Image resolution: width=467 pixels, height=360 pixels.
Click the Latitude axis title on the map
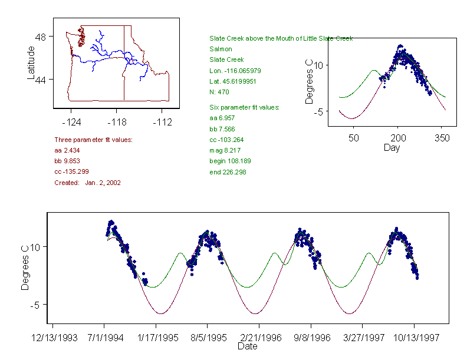32,63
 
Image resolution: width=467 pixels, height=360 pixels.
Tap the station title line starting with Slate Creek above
281,38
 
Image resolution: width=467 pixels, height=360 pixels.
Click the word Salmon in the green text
221,49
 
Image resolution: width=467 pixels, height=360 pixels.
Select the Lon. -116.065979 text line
235,71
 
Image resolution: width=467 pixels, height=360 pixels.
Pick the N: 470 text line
219,92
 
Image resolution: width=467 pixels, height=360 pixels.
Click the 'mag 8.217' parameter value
226,150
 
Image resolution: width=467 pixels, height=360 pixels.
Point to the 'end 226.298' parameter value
228,172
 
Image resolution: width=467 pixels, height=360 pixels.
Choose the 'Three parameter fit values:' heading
93,140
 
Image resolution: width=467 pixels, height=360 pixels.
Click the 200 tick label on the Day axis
397,138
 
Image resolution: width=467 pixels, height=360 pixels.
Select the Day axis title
392,147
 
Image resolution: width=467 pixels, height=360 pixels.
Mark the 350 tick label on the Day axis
442,138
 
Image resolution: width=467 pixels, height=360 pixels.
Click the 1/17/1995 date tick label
156,338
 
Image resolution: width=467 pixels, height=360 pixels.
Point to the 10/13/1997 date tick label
414,338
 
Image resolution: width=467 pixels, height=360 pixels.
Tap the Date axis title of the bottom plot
248,346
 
